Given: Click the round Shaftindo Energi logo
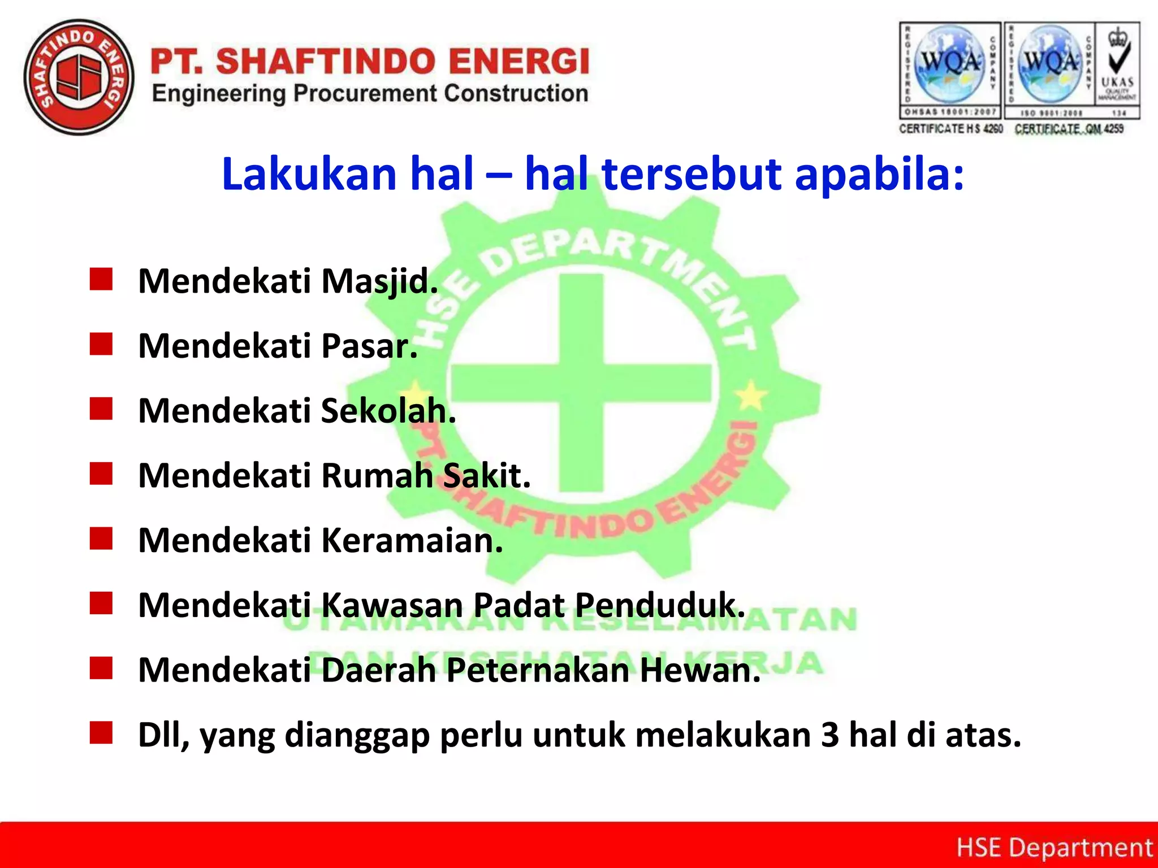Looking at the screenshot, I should tap(79, 78).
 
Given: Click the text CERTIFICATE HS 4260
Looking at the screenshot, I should tap(950, 129).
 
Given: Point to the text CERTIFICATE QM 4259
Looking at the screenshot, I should tap(1069, 129).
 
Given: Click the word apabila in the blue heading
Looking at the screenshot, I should tap(879, 174).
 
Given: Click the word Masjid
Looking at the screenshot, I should tap(379, 281).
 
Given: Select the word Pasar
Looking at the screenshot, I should tap(369, 346).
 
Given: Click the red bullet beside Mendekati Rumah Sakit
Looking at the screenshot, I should tap(101, 474).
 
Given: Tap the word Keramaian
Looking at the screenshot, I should tap(412, 540).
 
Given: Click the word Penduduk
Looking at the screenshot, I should tap(660, 605).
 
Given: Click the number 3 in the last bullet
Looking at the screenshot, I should tap(829, 735).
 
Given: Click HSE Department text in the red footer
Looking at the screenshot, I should tap(1054, 848).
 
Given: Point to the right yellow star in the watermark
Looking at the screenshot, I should tap(751, 395).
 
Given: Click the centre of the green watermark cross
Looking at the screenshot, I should tap(581, 380).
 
